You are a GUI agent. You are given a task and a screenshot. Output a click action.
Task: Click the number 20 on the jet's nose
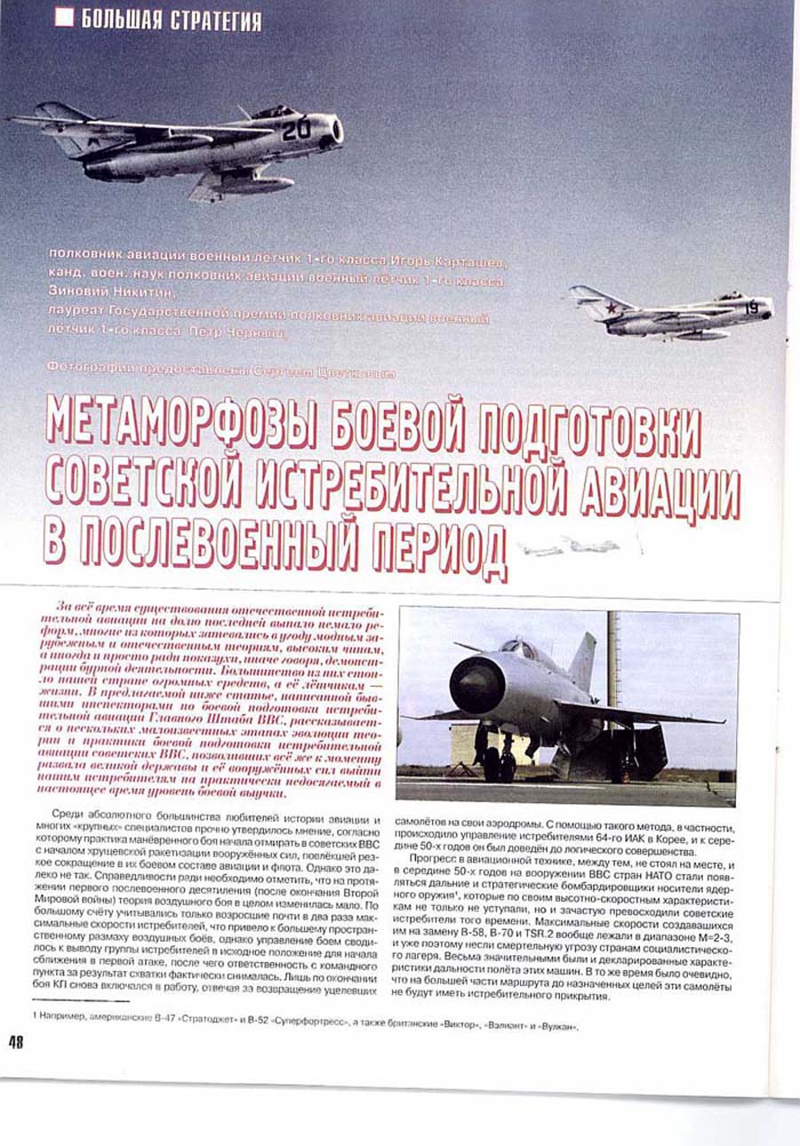[x=296, y=130]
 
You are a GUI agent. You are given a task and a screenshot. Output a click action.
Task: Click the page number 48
[x=15, y=1043]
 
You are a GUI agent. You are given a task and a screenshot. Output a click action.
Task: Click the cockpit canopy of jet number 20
[x=271, y=113]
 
